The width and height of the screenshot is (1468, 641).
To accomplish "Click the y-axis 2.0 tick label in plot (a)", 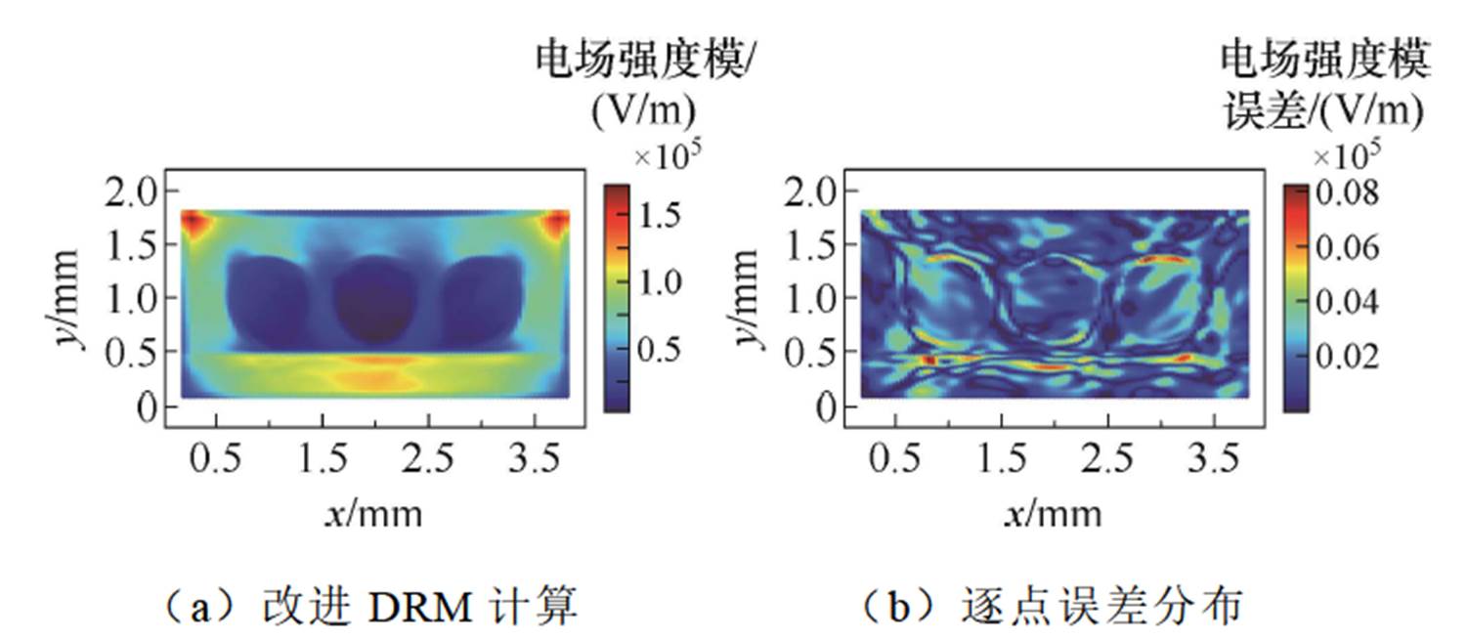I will coord(131,192).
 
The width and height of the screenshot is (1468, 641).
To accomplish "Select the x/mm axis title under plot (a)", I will coord(374,512).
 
